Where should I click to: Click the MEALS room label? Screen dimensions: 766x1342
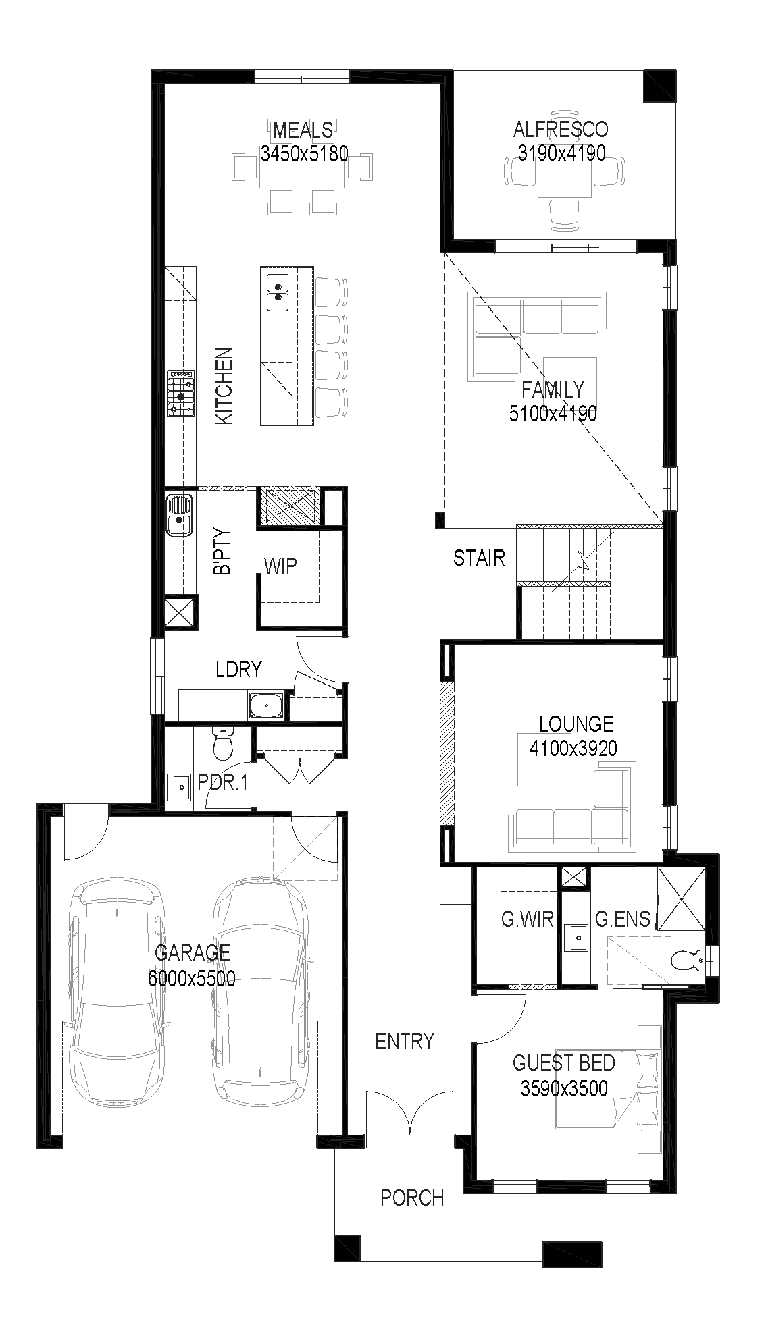(303, 129)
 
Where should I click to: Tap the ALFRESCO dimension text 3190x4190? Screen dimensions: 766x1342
(561, 153)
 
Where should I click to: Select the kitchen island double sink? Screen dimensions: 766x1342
(278, 292)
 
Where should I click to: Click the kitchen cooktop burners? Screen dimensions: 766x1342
(181, 394)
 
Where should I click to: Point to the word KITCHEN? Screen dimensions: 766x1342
(224, 386)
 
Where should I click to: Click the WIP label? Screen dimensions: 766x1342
(280, 565)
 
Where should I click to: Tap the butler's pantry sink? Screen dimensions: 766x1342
(179, 515)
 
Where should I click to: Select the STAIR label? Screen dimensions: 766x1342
(479, 558)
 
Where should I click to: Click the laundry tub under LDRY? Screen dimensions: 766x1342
(267, 705)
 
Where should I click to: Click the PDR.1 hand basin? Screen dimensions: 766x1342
(180, 786)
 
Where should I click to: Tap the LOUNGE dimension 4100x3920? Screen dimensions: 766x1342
(573, 748)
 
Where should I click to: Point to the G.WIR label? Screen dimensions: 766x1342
(527, 919)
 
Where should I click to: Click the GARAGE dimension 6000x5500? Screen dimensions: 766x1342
(192, 978)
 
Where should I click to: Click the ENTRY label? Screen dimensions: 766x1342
(405, 1041)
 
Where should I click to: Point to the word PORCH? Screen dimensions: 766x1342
(412, 1198)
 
